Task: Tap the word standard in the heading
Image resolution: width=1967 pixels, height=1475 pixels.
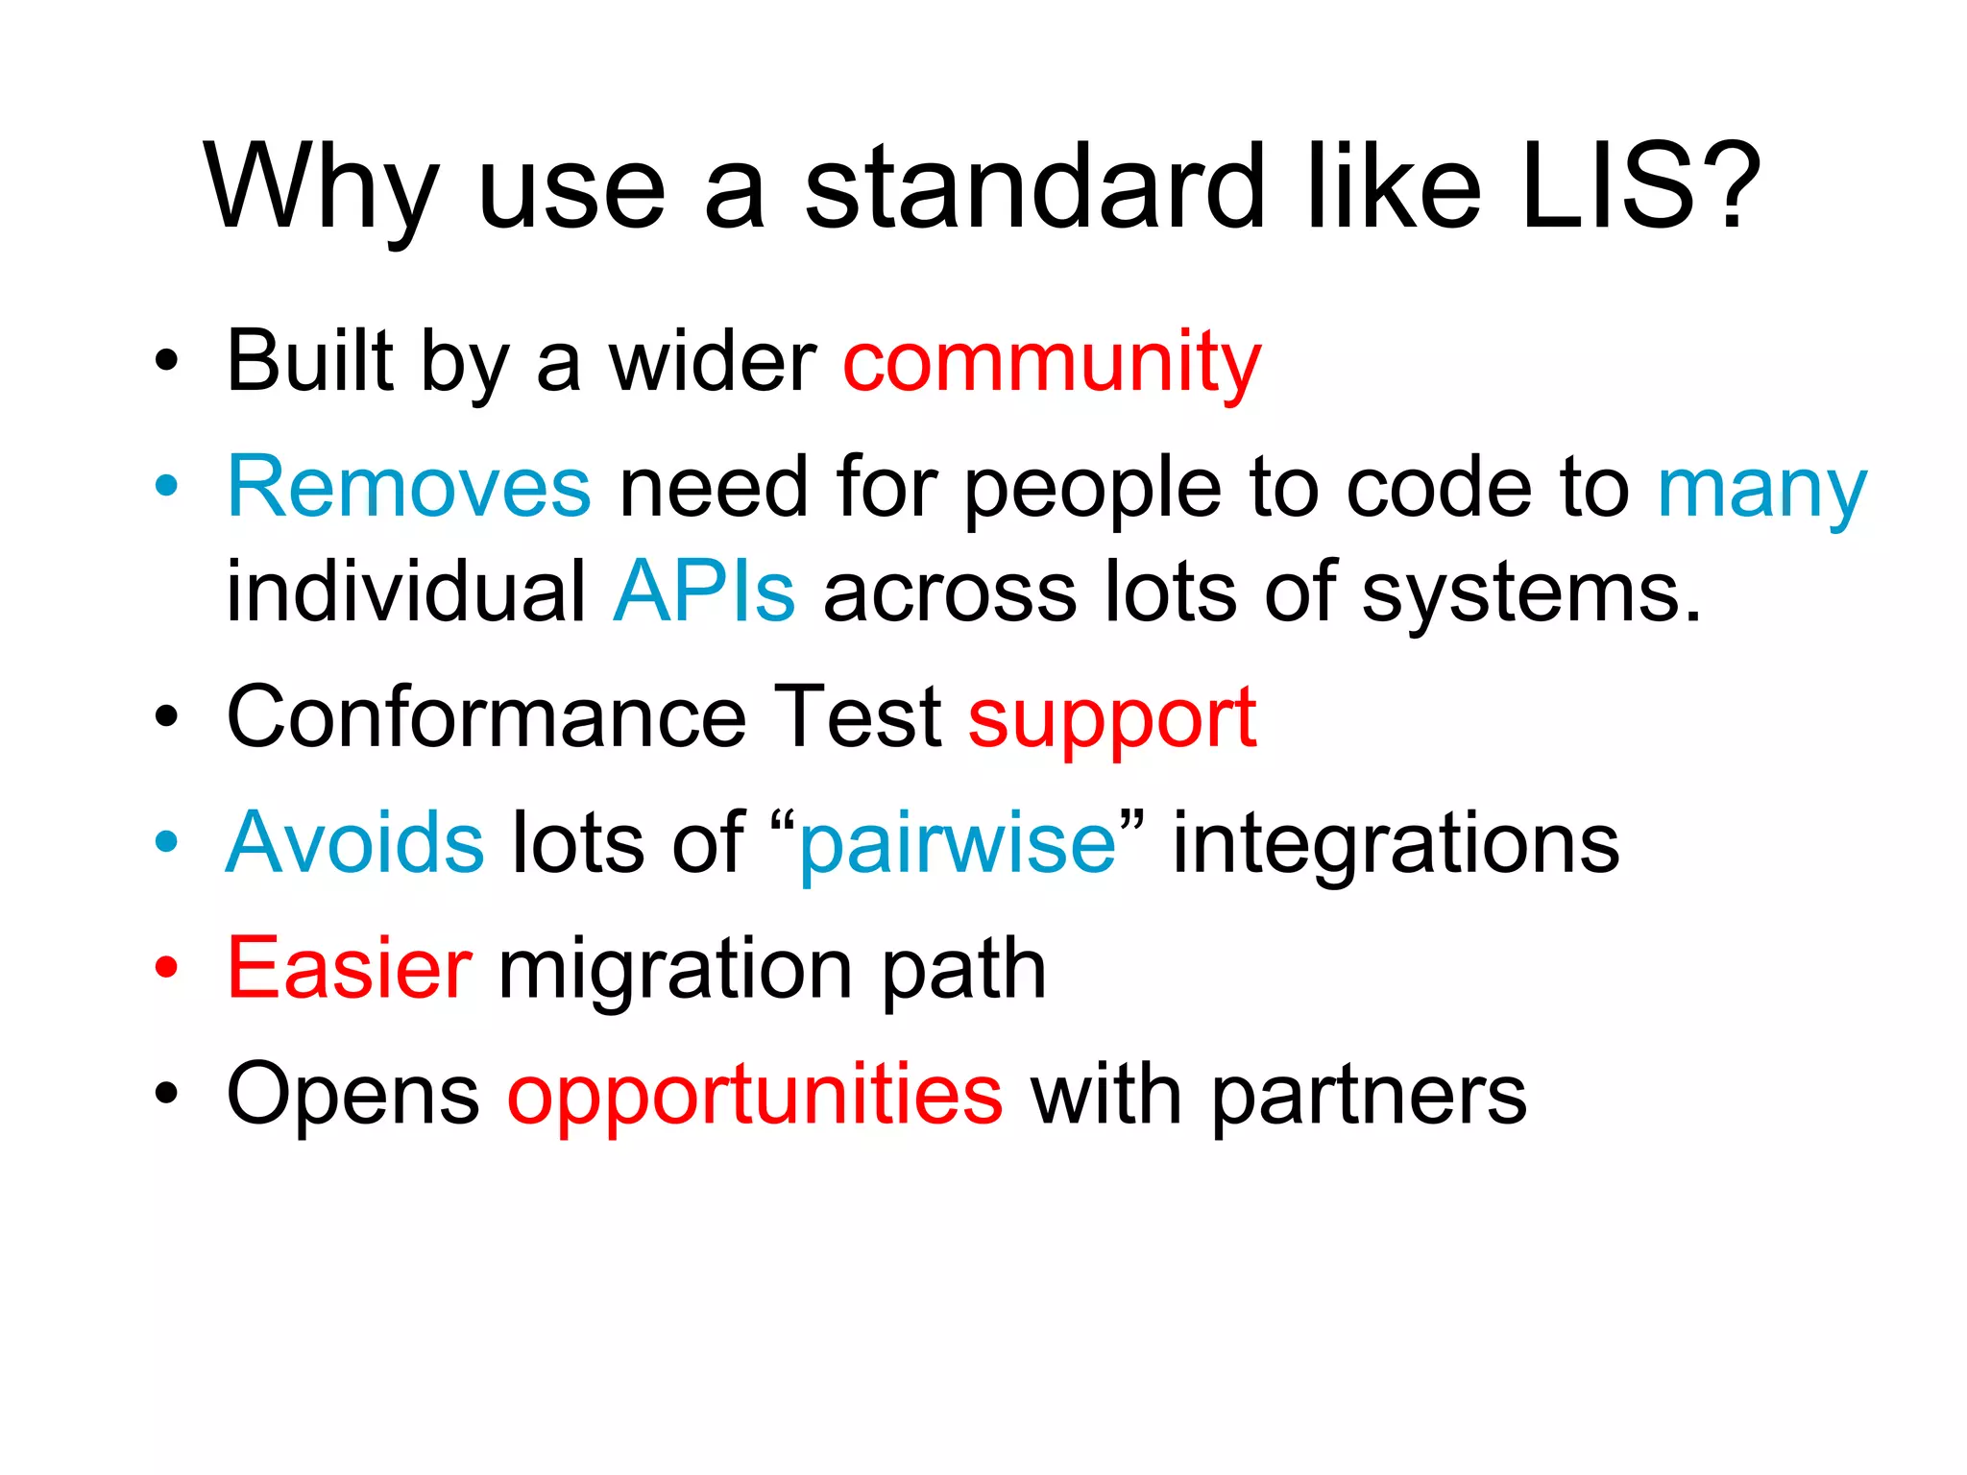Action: (1034, 187)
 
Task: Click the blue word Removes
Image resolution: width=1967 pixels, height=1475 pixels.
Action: (409, 488)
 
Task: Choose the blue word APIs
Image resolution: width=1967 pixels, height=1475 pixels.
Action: (704, 592)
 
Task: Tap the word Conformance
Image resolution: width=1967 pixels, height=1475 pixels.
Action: (486, 717)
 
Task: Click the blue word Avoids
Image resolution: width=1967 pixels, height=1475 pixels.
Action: (355, 843)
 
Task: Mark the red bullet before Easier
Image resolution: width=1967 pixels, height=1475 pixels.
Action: (167, 968)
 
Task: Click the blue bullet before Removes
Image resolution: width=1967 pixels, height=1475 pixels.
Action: (167, 487)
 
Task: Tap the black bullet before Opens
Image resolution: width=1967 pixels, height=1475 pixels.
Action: (167, 1094)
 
